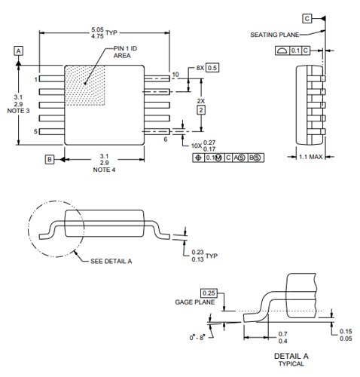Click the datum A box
[x=19, y=50]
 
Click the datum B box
[x=49, y=159]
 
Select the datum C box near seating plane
[x=307, y=17]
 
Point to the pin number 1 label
[x=35, y=78]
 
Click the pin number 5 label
[x=35, y=132]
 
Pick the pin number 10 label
[x=175, y=74]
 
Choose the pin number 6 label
[x=165, y=139]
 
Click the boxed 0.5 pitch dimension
[x=212, y=67]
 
